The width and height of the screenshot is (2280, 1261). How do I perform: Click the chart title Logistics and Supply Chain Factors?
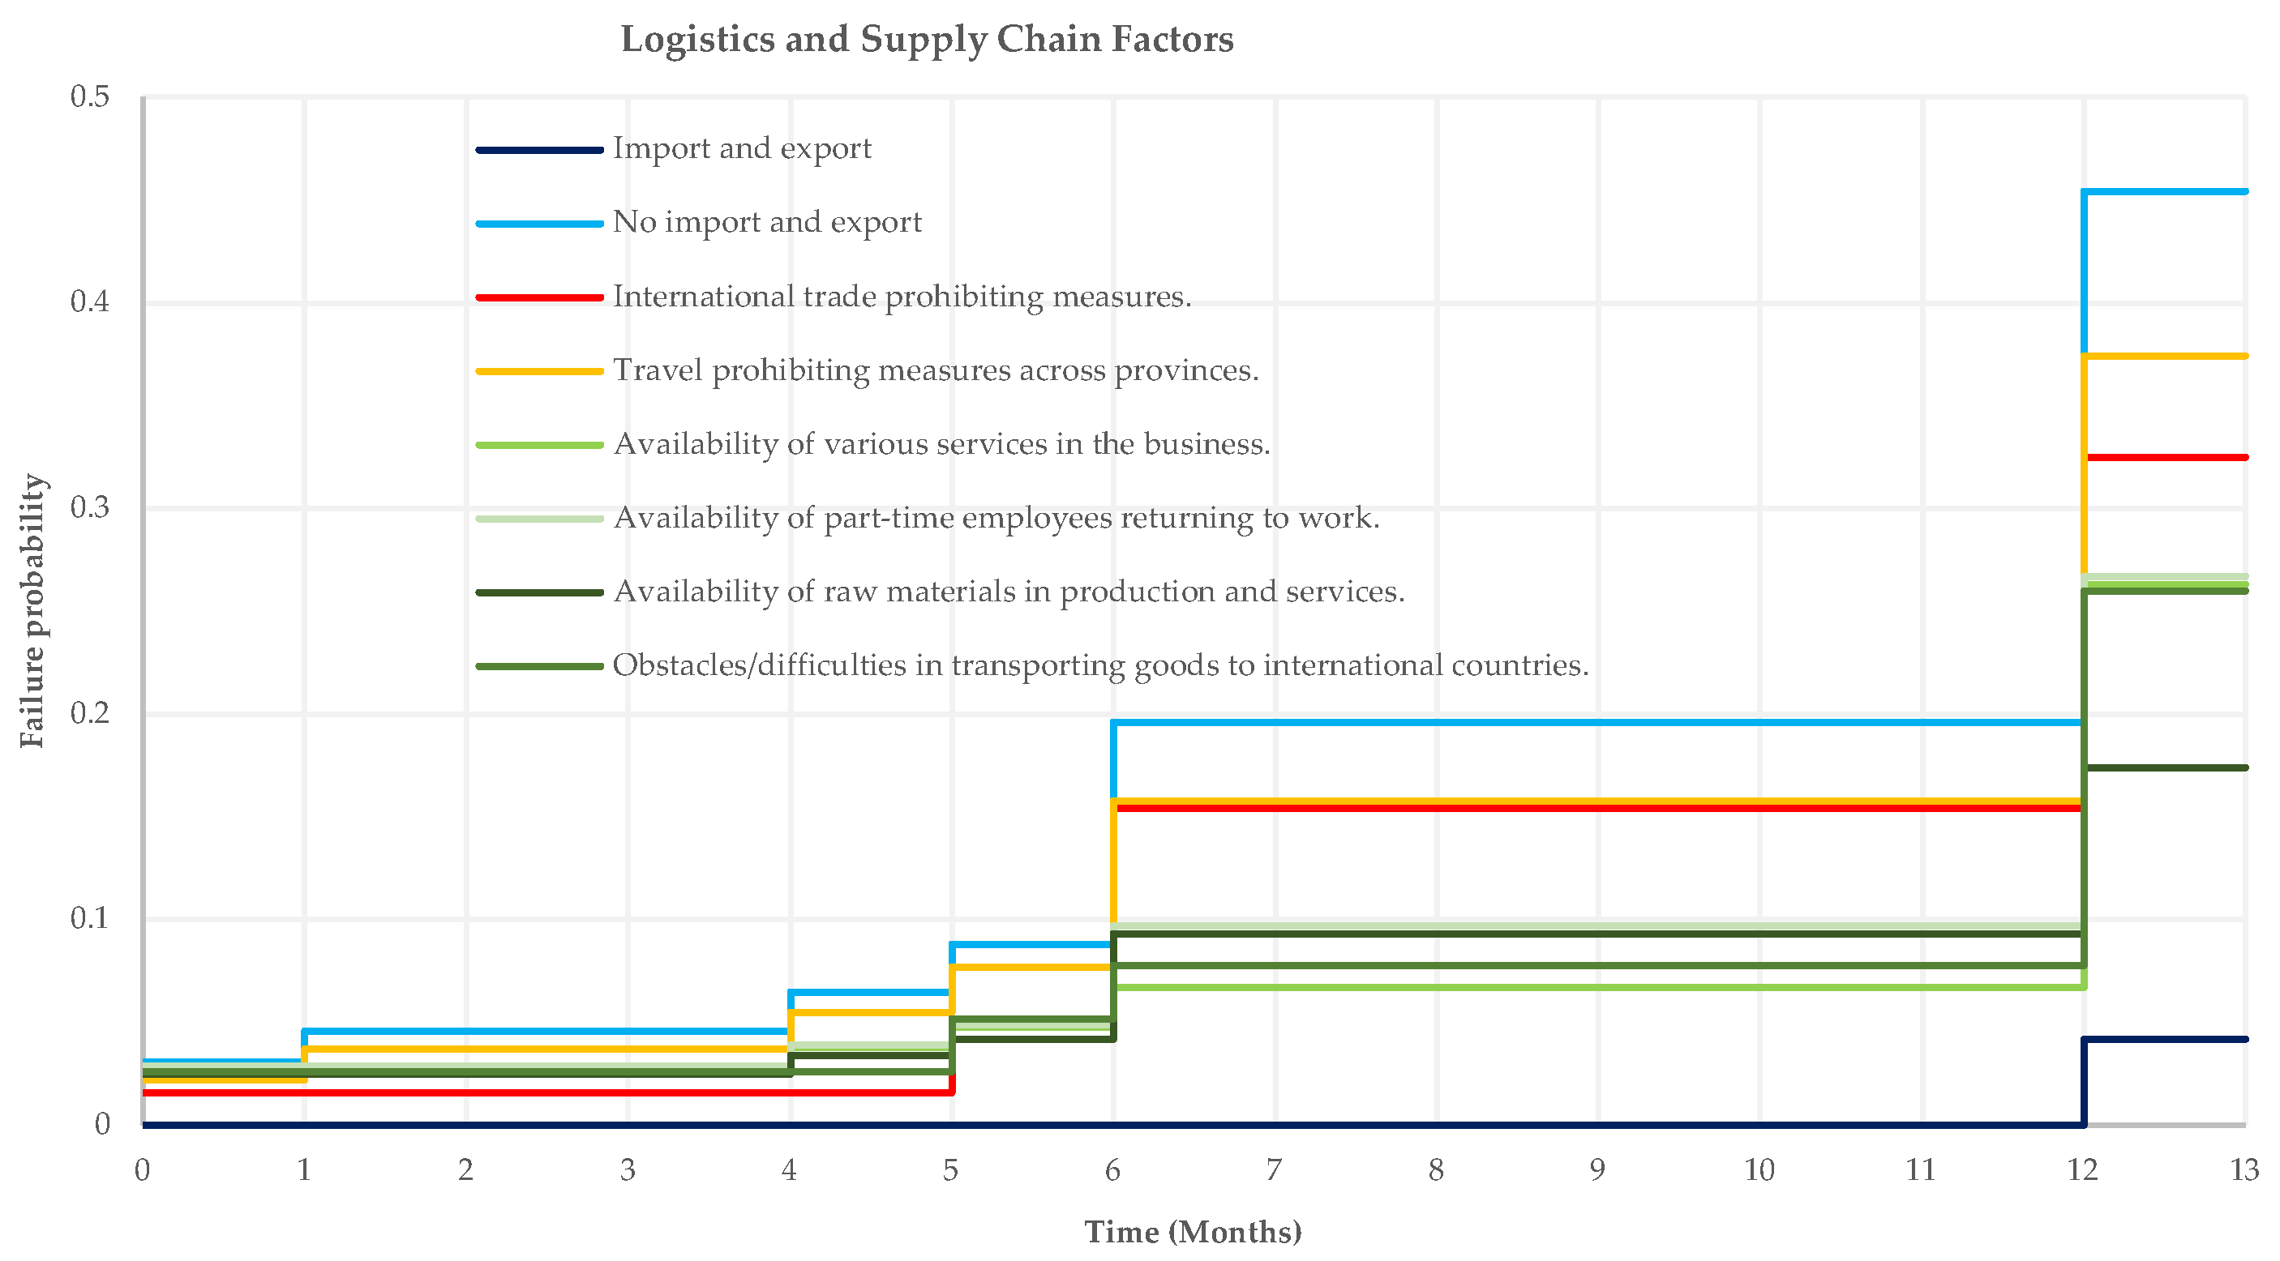[x=927, y=40]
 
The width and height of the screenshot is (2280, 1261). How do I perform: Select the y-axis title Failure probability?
[x=32, y=610]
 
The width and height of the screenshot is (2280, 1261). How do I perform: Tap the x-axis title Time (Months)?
[x=1193, y=1232]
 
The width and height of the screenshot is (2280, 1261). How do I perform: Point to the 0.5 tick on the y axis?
[x=89, y=96]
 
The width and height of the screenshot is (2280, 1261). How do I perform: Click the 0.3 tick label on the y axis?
[x=89, y=507]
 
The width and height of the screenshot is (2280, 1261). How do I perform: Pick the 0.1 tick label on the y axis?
[x=89, y=918]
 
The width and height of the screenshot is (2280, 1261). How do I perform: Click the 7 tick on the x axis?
[x=1274, y=1171]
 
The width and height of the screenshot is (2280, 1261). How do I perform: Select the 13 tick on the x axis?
[x=2244, y=1171]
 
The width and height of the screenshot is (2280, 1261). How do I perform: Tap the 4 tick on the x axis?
[x=789, y=1171]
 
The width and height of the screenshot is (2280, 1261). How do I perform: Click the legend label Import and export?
[x=742, y=148]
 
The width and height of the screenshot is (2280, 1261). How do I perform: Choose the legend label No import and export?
[x=766, y=222]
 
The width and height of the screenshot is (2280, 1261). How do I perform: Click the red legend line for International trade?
[x=540, y=297]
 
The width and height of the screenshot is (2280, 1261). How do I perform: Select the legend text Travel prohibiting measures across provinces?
[x=936, y=370]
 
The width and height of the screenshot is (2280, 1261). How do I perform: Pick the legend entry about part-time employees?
[x=996, y=518]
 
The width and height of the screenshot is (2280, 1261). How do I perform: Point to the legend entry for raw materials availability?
[x=1009, y=591]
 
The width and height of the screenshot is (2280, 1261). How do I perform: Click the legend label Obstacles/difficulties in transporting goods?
[x=1100, y=665]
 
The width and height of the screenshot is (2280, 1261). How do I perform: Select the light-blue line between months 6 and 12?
[x=1593, y=722]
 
